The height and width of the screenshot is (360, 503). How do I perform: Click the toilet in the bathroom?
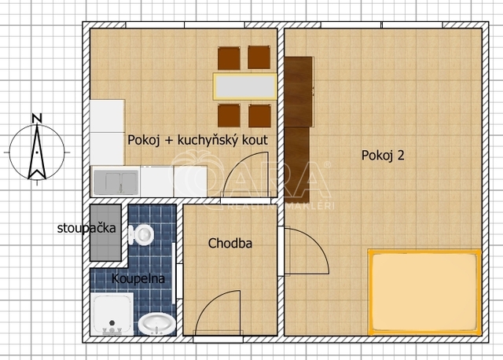(141, 234)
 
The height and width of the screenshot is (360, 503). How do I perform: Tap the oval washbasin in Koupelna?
(157, 324)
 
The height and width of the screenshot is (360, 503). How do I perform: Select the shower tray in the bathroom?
(112, 314)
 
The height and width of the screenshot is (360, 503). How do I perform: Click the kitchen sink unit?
(116, 182)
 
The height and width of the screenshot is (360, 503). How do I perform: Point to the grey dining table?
(245, 86)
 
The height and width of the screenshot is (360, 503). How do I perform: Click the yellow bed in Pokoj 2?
(424, 292)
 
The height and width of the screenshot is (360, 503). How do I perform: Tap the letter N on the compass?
(37, 119)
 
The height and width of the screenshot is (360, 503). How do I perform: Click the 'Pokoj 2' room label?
(383, 156)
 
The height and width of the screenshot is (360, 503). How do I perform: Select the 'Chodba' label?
(230, 243)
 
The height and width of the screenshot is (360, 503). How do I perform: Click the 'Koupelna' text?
(138, 278)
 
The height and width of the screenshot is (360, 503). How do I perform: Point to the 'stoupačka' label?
(86, 228)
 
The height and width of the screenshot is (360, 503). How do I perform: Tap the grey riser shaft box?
(105, 233)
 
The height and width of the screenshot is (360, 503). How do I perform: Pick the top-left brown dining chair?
(229, 58)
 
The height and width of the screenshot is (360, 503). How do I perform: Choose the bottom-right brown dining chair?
(259, 116)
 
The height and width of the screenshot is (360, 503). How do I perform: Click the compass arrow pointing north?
(37, 152)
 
